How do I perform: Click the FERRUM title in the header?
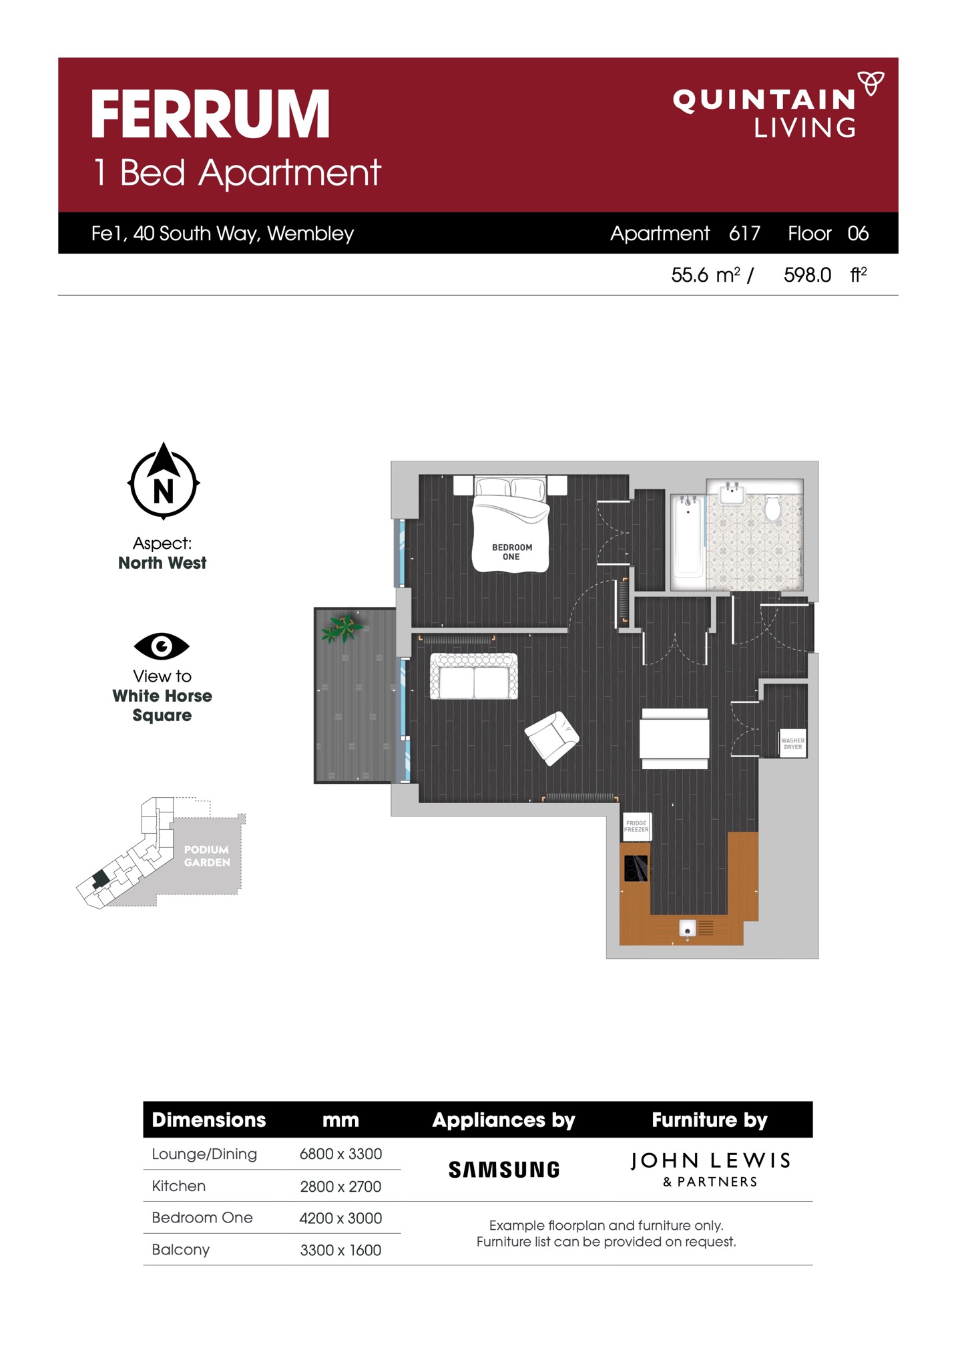click(x=210, y=114)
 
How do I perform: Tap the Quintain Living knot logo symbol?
click(x=871, y=83)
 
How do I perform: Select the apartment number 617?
click(x=744, y=233)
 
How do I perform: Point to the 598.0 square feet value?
click(x=807, y=275)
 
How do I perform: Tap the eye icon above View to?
click(x=162, y=646)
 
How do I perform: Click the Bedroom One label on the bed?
click(x=512, y=552)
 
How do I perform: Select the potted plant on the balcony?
click(x=342, y=628)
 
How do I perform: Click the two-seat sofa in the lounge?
click(x=474, y=676)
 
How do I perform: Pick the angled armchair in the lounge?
click(x=552, y=737)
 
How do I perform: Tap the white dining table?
click(x=674, y=738)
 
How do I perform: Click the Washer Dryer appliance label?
click(x=793, y=744)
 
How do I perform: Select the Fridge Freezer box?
click(x=637, y=827)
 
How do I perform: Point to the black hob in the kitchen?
click(x=636, y=869)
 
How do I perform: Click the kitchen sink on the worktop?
click(x=688, y=928)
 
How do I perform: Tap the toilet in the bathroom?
click(x=772, y=508)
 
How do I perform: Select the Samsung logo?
click(x=504, y=1170)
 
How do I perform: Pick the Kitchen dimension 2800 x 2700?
click(x=340, y=1186)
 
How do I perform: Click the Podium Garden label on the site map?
click(x=207, y=856)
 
